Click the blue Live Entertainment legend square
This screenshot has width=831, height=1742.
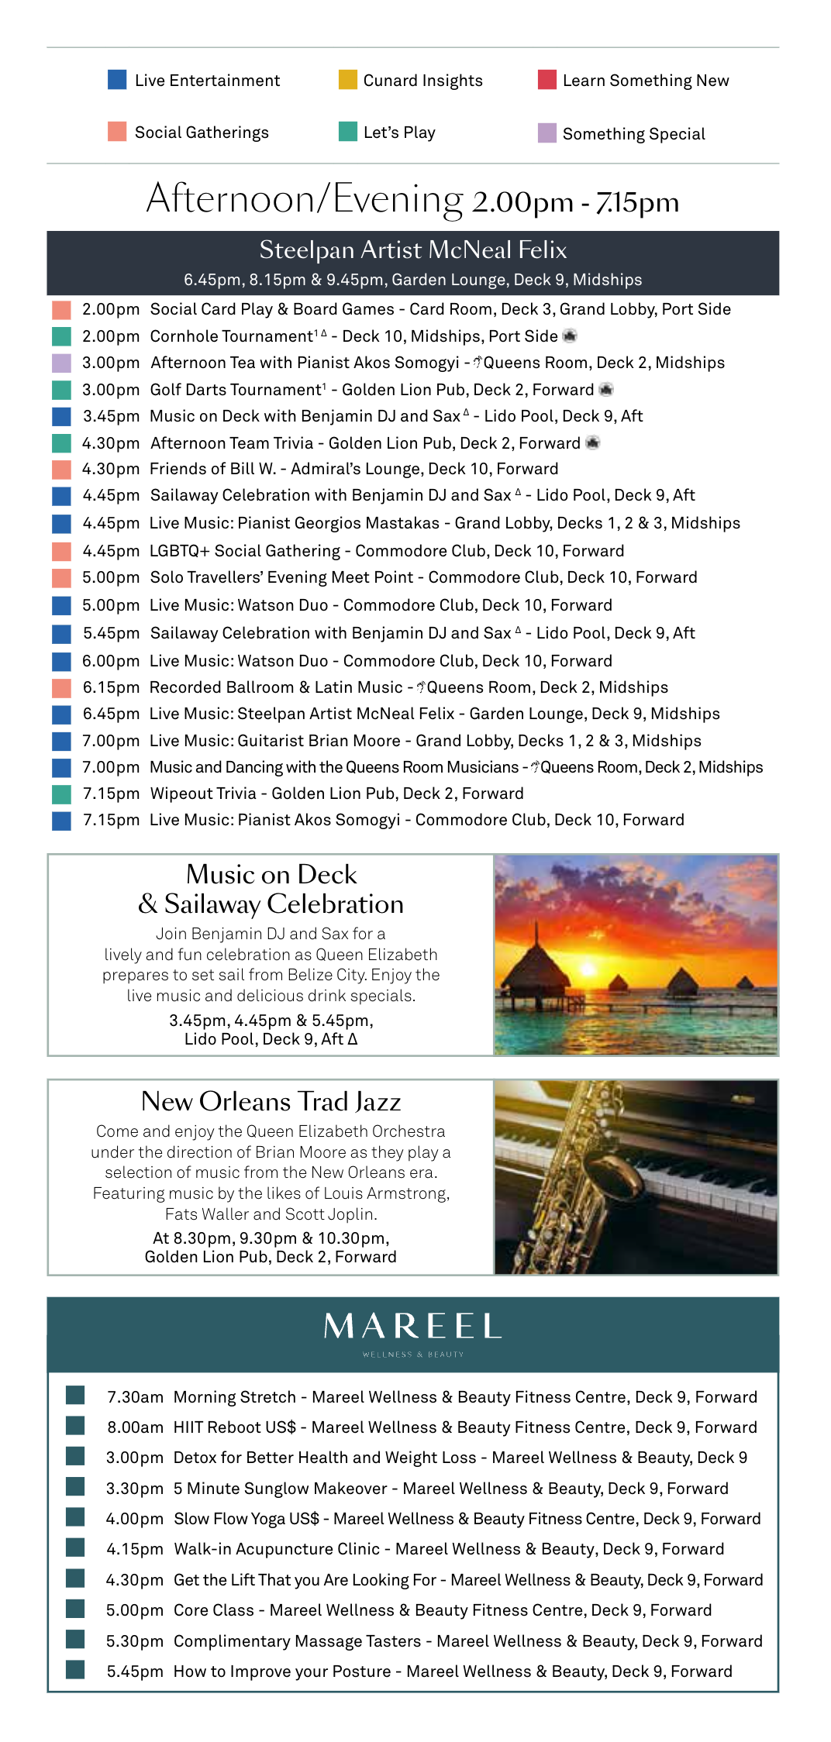pos(117,80)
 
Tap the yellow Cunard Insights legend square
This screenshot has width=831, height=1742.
pos(348,80)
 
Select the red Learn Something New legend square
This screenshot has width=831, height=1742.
pos(547,80)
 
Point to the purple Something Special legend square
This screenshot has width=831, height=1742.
pos(547,133)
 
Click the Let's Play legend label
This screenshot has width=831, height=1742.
pos(399,133)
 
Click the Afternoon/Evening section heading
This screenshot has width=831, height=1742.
pos(412,200)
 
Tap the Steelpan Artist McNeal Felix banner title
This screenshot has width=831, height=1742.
pos(412,250)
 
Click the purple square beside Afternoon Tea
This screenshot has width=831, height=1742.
pos(62,363)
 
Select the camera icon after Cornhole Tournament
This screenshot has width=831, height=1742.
pos(570,336)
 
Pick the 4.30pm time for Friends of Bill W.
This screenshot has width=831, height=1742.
pos(111,469)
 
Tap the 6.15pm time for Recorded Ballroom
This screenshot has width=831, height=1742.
pos(111,687)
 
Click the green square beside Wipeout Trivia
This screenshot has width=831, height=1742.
pos(62,794)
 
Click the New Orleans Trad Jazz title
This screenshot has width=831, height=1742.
pos(271,1101)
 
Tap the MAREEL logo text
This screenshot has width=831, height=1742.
pos(412,1327)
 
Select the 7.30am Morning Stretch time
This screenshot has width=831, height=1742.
pos(135,1397)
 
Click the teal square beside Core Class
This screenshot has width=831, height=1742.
pos(75,1609)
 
